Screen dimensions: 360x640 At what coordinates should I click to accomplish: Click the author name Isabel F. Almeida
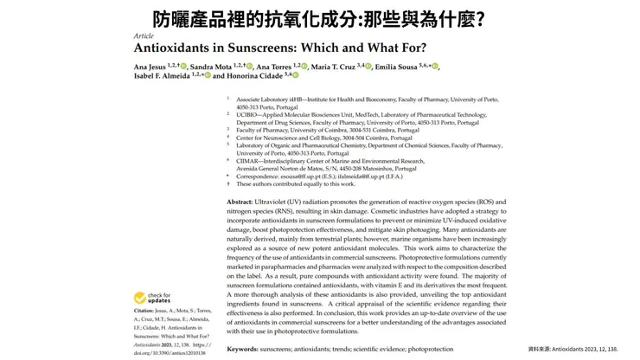click(x=156, y=75)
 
